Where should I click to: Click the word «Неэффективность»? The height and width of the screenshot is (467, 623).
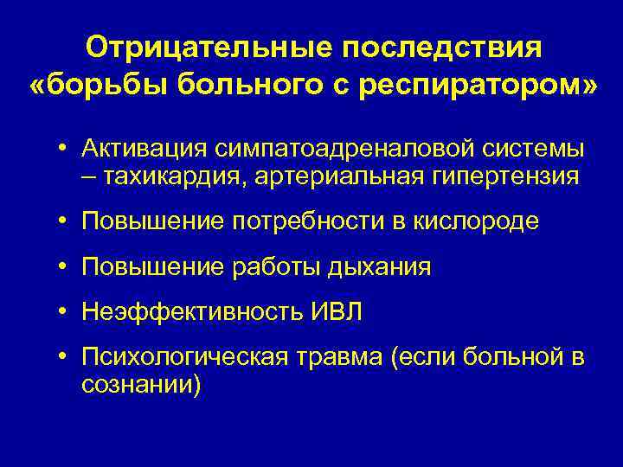tap(188, 312)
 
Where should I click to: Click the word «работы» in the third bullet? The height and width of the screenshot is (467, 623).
tap(274, 267)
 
